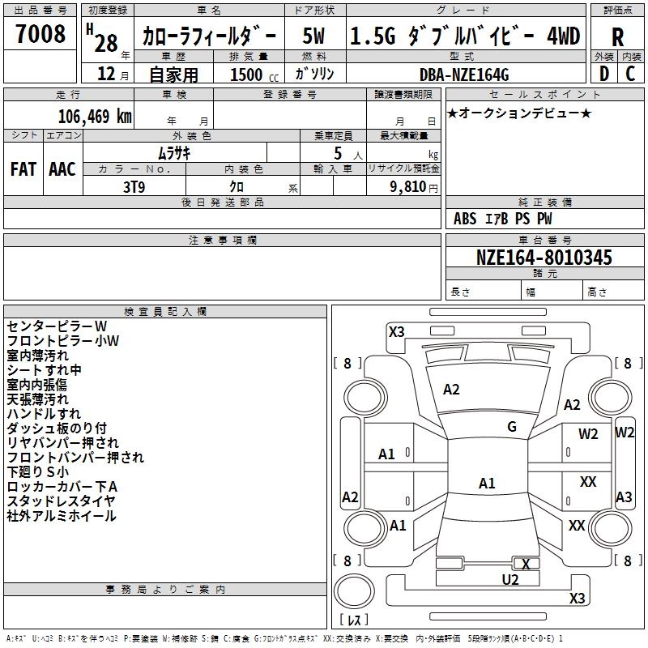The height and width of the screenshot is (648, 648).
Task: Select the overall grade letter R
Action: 617,37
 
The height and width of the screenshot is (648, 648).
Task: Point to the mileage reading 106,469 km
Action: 95,115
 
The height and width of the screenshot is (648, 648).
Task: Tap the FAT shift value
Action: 23,169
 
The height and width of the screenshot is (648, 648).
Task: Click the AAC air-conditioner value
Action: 62,169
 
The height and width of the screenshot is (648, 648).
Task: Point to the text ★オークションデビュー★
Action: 518,113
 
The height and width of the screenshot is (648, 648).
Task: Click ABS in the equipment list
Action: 465,219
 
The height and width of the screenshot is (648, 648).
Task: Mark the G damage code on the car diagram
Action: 512,427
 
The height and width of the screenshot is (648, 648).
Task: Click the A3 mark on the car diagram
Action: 624,497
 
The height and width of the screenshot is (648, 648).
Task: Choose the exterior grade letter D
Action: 603,75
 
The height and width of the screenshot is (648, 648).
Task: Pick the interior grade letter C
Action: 631,75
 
